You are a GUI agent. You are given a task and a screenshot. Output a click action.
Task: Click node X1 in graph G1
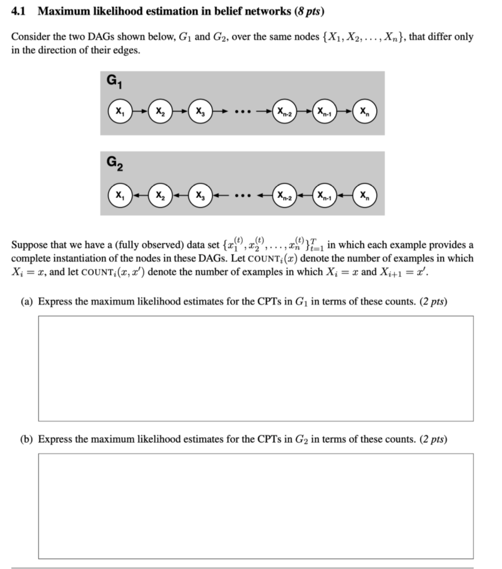(x=119, y=111)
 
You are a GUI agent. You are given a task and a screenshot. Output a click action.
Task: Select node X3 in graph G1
(x=200, y=111)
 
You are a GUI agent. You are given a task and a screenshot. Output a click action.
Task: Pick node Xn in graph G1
(x=365, y=111)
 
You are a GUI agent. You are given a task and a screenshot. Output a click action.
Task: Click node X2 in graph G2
(x=160, y=195)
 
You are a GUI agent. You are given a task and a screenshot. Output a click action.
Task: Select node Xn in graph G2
(x=365, y=195)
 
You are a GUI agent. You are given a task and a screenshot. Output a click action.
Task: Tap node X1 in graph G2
(x=119, y=195)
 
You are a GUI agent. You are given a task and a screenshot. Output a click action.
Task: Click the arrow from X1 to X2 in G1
(x=140, y=111)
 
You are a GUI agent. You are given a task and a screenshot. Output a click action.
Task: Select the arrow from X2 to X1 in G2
(x=140, y=195)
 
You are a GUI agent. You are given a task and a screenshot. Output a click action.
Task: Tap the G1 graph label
(x=113, y=81)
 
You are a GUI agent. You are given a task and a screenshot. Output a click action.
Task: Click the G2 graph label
(x=113, y=163)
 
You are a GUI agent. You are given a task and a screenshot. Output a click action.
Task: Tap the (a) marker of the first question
(x=26, y=301)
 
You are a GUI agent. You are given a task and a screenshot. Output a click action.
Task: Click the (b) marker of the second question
(x=26, y=439)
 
